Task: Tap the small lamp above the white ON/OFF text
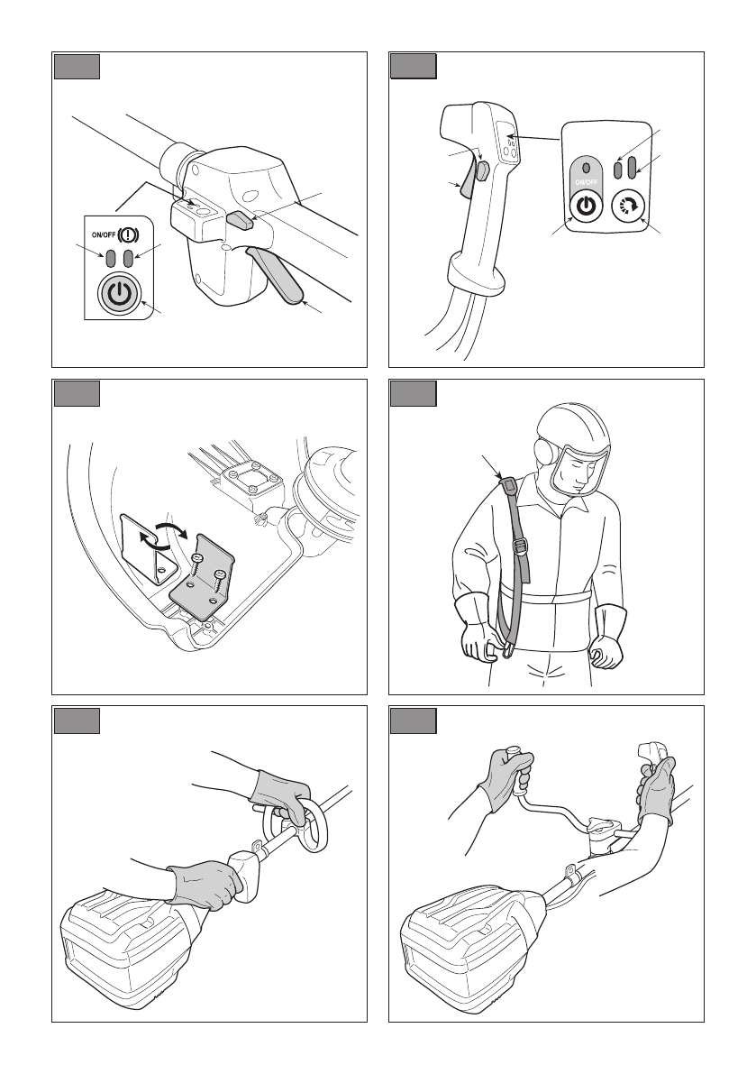[x=587, y=168]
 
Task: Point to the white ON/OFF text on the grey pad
[x=587, y=181]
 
